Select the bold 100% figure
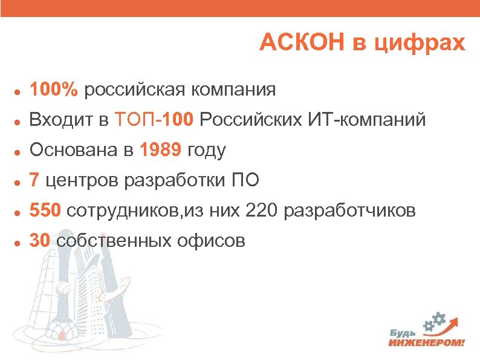click(54, 90)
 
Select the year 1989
click(161, 151)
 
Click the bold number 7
click(35, 180)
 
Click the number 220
click(262, 211)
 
